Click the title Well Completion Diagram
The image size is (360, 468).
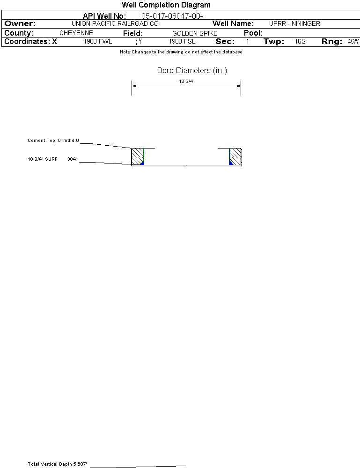point(166,5)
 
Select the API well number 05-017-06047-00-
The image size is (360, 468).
point(172,16)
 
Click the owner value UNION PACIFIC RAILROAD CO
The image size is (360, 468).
point(115,23)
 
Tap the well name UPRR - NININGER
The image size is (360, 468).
point(294,23)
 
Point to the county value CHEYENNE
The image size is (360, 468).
point(76,33)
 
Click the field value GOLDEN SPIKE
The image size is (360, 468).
point(195,34)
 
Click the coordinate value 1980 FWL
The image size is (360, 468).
point(98,42)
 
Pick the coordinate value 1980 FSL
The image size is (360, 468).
point(182,42)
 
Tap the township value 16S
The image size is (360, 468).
point(300,42)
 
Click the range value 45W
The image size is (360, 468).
point(353,42)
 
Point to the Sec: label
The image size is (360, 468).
point(225,42)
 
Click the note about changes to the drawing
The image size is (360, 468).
point(181,52)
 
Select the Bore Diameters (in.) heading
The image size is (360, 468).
point(192,71)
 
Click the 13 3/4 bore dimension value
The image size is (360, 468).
point(186,81)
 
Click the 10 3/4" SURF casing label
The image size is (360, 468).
point(42,159)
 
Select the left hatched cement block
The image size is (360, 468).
point(137,156)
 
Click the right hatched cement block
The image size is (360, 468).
point(235,156)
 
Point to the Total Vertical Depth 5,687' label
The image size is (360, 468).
point(58,464)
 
